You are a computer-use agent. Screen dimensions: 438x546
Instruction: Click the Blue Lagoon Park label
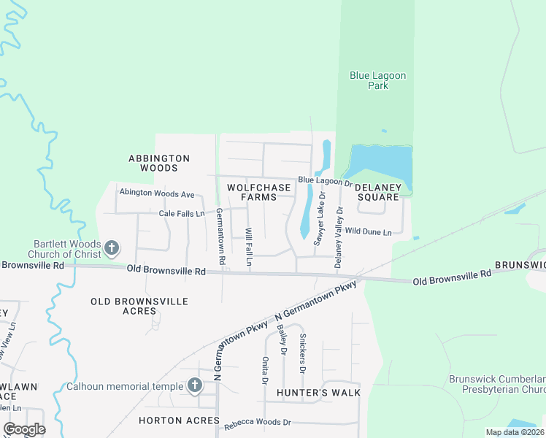(377, 80)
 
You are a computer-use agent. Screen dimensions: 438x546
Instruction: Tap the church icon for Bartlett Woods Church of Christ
(112, 249)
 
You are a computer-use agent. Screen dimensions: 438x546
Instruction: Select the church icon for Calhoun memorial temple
(194, 385)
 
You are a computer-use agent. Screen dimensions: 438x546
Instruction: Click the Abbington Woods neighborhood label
(159, 163)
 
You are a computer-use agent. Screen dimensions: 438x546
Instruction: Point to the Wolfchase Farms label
(258, 193)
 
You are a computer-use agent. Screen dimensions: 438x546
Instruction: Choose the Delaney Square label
(379, 192)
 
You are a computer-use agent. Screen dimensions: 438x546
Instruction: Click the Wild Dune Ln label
(368, 231)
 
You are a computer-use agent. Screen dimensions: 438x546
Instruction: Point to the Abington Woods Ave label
(157, 194)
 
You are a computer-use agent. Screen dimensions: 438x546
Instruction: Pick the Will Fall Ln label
(248, 247)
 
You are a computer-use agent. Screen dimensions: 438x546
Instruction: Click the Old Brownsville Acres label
(139, 306)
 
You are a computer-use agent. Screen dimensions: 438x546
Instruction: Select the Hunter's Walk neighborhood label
(319, 393)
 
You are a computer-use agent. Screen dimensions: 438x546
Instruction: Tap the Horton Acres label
(179, 420)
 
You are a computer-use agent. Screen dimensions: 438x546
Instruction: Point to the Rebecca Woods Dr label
(257, 423)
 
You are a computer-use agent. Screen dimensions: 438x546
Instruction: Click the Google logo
(24, 429)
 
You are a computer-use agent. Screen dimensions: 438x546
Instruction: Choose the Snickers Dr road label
(302, 353)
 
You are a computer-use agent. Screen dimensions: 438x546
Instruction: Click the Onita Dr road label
(265, 369)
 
